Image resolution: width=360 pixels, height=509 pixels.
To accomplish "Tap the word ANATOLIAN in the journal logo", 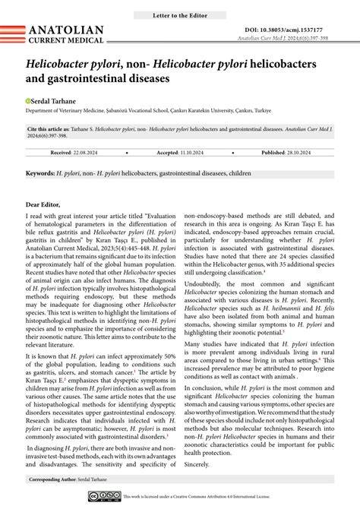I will pos(66,30).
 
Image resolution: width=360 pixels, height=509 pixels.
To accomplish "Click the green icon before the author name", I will pos(28,100).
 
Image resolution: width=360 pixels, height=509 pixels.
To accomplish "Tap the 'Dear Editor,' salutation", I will pos(48,204).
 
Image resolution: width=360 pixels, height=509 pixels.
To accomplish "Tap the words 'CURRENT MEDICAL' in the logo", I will pos(66,40).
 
